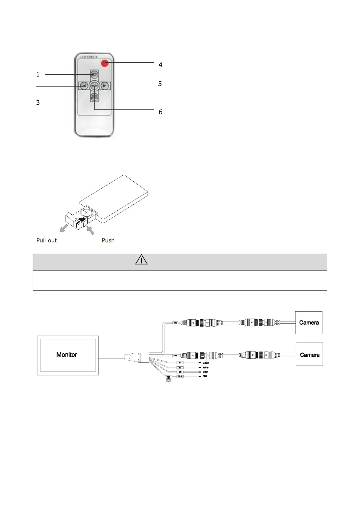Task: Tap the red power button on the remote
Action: click(104, 63)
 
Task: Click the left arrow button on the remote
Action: click(84, 86)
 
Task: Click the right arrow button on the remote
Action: click(104, 86)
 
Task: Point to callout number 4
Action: click(161, 65)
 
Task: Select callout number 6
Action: click(161, 112)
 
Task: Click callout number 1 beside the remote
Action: click(38, 74)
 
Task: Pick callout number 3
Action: click(38, 102)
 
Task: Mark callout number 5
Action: click(160, 84)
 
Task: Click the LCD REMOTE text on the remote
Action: click(88, 57)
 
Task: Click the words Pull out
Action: click(47, 240)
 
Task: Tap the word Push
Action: click(108, 240)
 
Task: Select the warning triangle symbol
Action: click(141, 260)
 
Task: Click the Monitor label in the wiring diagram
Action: click(66, 355)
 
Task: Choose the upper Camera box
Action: click(309, 323)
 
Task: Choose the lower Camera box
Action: click(310, 355)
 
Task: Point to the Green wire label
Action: click(206, 363)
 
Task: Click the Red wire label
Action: click(205, 376)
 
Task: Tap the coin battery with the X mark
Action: click(86, 213)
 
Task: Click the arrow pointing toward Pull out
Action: click(63, 229)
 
